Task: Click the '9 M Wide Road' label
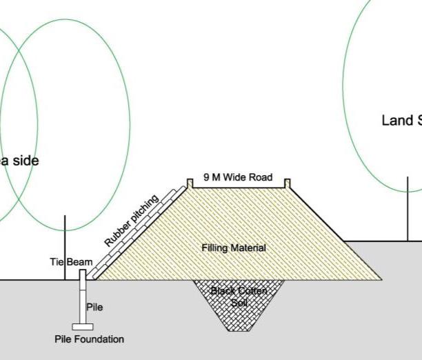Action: (x=237, y=178)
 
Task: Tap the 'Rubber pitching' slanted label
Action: (x=132, y=221)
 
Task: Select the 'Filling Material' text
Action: (x=234, y=248)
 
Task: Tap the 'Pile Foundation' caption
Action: (x=90, y=339)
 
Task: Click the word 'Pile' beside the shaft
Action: (x=94, y=307)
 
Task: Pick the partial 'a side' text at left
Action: (x=19, y=161)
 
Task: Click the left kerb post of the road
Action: (x=189, y=183)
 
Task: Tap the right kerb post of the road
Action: (x=288, y=183)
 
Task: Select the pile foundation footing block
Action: (x=82, y=326)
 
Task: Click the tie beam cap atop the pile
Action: (x=83, y=274)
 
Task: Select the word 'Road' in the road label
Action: (x=261, y=178)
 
